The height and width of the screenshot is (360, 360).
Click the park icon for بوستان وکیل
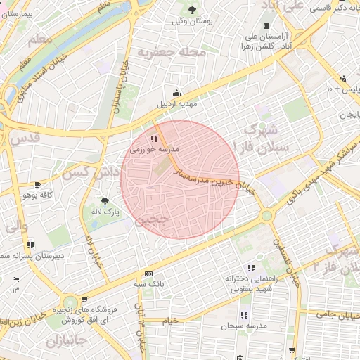tap(192, 9)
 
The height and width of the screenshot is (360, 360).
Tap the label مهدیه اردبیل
tap(176, 104)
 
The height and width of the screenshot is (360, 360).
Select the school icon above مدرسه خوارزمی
tap(154, 139)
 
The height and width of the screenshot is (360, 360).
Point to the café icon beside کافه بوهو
tap(37, 184)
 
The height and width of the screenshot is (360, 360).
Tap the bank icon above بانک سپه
tap(148, 274)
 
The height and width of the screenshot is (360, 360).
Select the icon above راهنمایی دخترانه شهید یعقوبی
tap(251, 268)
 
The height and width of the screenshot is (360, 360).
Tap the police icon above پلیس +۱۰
tap(343, 78)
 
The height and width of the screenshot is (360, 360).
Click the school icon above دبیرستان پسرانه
tap(30, 245)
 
